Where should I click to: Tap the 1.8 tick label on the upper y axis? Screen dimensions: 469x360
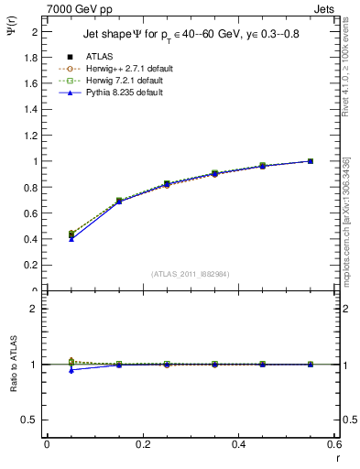click(31, 57)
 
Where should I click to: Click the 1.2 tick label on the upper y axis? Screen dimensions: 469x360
click(31, 135)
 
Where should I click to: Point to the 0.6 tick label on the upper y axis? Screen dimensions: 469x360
click(31, 213)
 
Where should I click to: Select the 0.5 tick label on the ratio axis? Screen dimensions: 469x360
click(31, 420)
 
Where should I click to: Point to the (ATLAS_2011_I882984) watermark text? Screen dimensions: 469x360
click(191, 274)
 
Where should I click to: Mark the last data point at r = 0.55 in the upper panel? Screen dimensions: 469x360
click(311, 161)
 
